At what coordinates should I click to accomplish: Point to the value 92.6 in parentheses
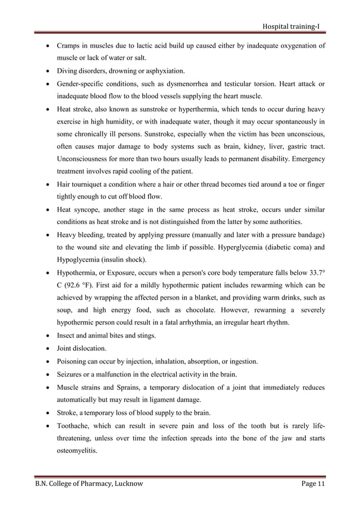[x=78, y=286]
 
